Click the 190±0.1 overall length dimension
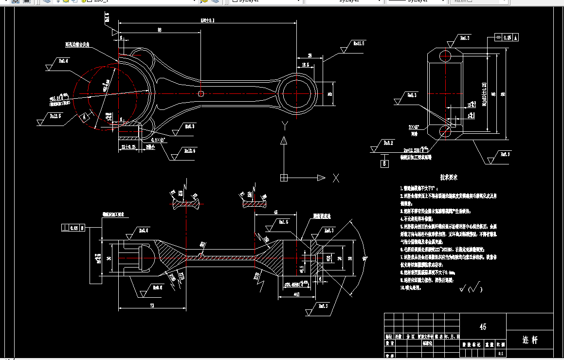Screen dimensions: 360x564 click(x=207, y=20)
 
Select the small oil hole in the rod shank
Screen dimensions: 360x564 click(x=200, y=93)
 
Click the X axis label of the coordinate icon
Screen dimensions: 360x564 click(x=336, y=178)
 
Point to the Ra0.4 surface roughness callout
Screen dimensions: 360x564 click(x=63, y=61)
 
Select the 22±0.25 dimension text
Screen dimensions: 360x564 click(x=129, y=147)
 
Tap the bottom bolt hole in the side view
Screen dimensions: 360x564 click(x=446, y=130)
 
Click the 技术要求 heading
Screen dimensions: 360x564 click(x=449, y=178)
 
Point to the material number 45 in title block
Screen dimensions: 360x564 click(x=483, y=326)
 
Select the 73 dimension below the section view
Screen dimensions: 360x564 click(x=151, y=306)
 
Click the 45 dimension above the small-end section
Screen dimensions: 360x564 click(x=275, y=212)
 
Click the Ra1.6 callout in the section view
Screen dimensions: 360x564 click(x=282, y=222)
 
